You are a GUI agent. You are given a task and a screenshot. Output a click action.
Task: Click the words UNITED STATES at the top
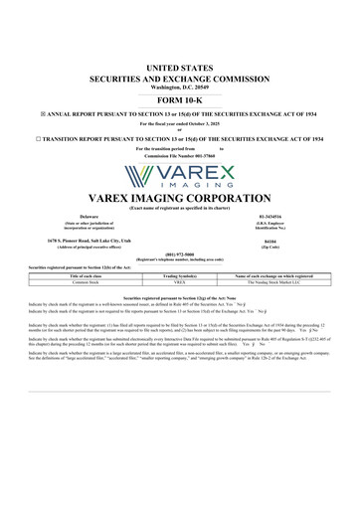click(180, 65)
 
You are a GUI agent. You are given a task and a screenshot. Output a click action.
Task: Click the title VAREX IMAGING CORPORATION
click(180, 197)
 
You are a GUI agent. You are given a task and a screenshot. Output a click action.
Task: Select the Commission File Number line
click(180, 156)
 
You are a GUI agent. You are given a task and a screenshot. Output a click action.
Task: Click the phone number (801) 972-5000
click(180, 253)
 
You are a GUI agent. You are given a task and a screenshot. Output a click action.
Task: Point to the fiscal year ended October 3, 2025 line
click(180, 122)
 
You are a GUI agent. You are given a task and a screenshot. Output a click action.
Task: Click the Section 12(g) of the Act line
click(180, 297)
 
